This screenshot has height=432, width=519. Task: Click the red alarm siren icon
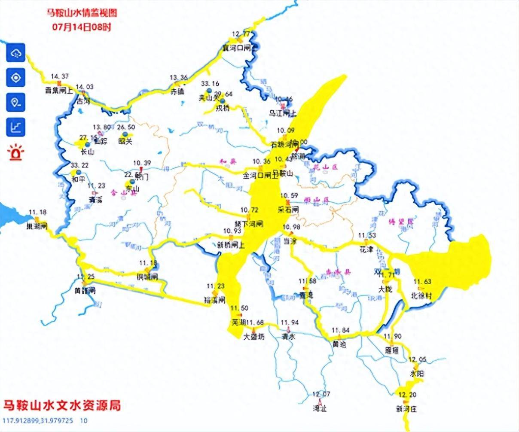click(16, 152)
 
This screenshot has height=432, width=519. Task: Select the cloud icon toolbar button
click(16, 53)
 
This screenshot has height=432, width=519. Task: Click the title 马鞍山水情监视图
click(82, 12)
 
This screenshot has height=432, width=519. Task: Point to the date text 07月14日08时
click(82, 27)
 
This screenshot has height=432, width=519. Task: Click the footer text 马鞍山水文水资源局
click(62, 405)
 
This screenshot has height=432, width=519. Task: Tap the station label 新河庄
click(406, 408)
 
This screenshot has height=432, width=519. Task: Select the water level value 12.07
click(321, 394)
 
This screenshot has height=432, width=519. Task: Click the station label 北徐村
click(421, 296)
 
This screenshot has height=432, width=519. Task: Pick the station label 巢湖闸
click(37, 226)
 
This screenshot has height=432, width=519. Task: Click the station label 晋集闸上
click(59, 91)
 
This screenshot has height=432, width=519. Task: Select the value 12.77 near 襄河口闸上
click(241, 34)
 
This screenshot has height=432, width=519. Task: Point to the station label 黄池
click(339, 344)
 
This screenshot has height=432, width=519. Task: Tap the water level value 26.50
click(126, 127)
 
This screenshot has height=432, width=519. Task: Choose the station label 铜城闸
click(147, 277)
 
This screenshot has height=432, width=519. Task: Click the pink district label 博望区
click(404, 222)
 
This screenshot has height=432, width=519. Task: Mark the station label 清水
click(289, 336)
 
